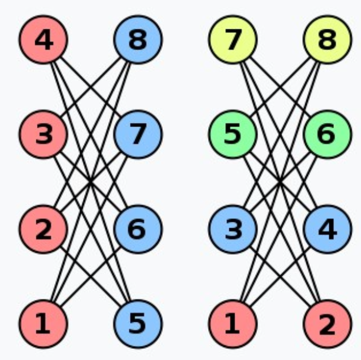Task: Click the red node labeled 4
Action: click(x=43, y=40)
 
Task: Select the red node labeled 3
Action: click(x=43, y=134)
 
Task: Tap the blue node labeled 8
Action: click(x=137, y=40)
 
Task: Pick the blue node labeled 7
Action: click(x=137, y=134)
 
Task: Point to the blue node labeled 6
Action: click(x=137, y=228)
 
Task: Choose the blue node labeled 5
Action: click(x=137, y=322)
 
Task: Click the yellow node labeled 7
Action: click(x=232, y=40)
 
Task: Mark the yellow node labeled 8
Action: click(x=326, y=40)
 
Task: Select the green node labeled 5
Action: click(x=232, y=134)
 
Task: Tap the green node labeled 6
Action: click(x=326, y=134)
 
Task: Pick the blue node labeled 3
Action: click(x=232, y=228)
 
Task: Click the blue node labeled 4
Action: click(x=326, y=228)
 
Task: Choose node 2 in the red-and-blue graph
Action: click(x=43, y=228)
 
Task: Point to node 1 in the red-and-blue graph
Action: click(x=43, y=322)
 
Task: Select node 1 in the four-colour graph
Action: click(x=232, y=322)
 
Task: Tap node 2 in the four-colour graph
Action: click(x=326, y=322)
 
